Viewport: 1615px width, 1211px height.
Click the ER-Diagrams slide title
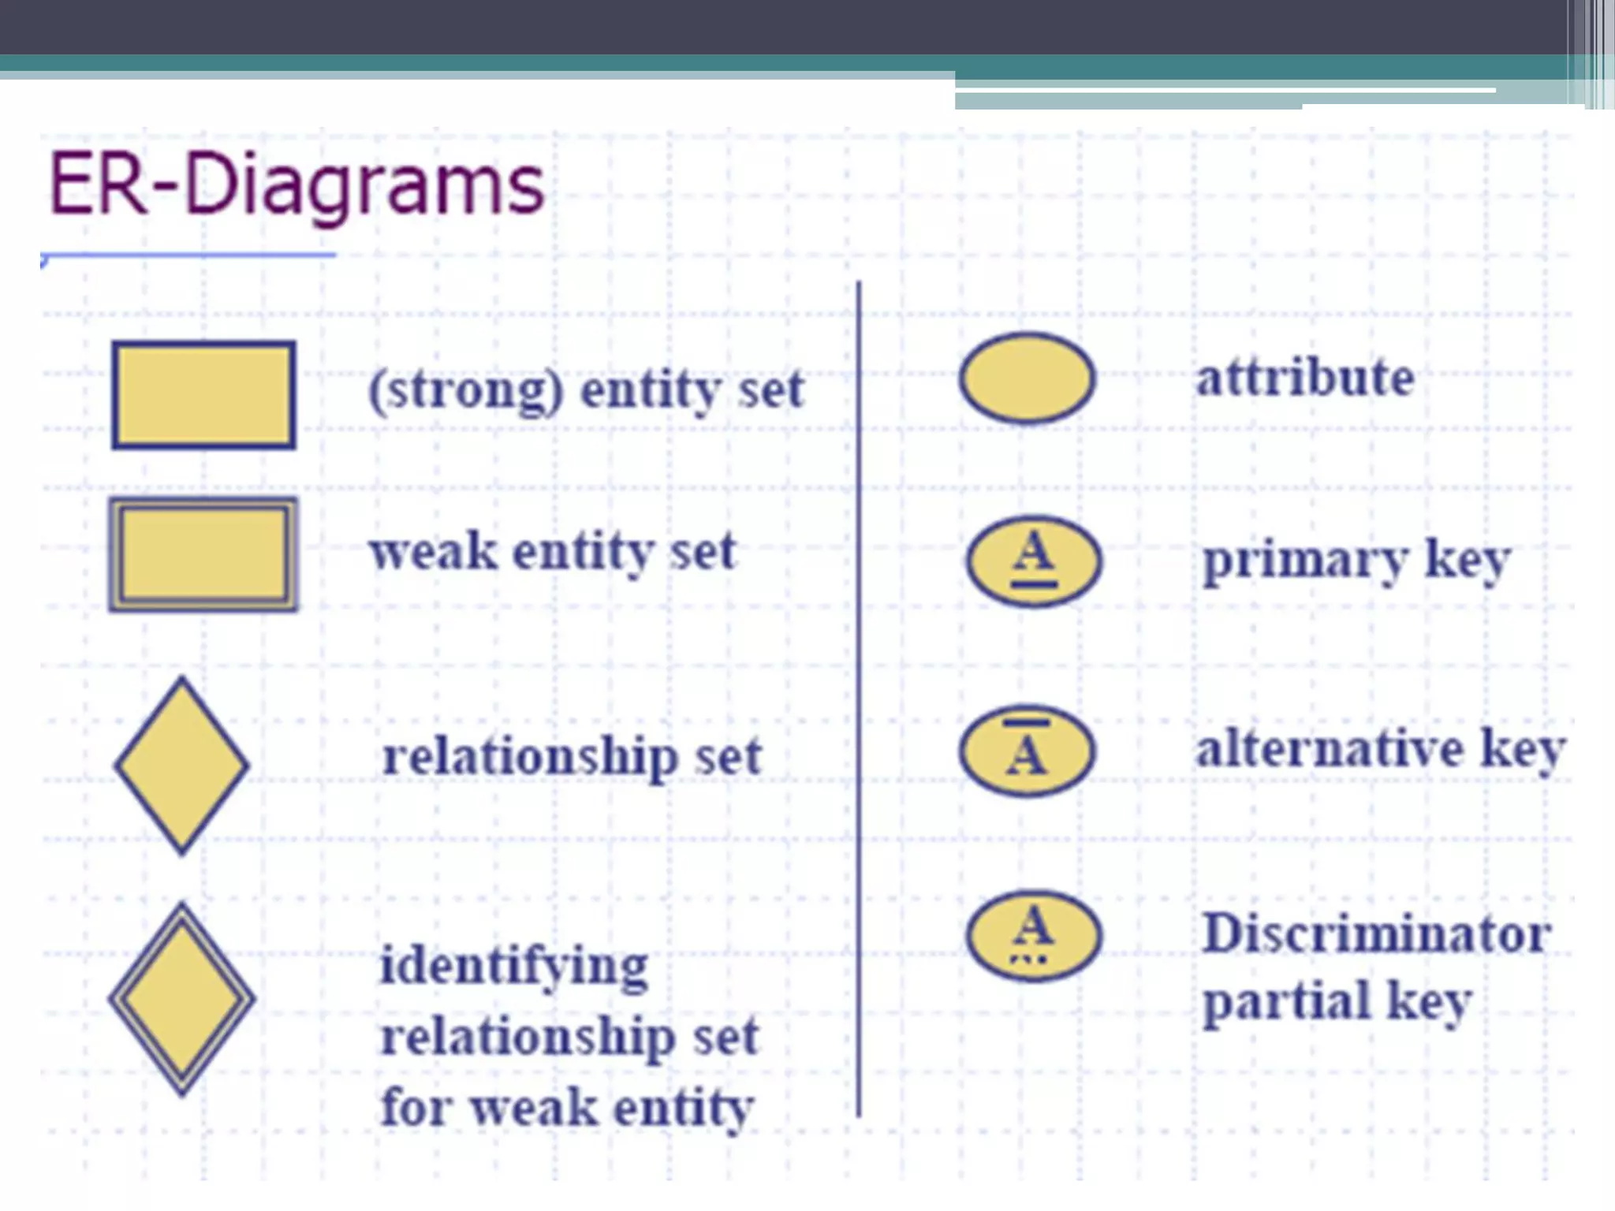click(x=297, y=185)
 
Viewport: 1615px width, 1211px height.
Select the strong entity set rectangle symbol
click(x=204, y=395)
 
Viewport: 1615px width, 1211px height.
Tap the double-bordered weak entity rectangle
click(x=204, y=554)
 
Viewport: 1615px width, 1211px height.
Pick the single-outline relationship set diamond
click(x=182, y=766)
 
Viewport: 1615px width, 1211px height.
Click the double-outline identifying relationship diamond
click(x=182, y=999)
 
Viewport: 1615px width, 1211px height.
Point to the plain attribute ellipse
click(x=1028, y=378)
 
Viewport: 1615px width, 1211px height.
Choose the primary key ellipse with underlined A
click(x=1034, y=561)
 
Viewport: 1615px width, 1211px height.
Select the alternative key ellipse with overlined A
click(x=1028, y=750)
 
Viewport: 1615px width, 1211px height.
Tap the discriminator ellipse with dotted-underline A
click(x=1034, y=936)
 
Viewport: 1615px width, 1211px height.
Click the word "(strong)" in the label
click(x=467, y=389)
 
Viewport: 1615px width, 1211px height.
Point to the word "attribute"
click(x=1305, y=378)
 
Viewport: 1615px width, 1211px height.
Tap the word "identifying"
click(x=514, y=967)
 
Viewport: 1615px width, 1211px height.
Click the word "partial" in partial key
click(x=1287, y=1002)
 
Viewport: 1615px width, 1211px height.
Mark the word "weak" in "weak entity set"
click(x=434, y=551)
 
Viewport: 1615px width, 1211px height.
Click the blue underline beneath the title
click(x=189, y=255)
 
